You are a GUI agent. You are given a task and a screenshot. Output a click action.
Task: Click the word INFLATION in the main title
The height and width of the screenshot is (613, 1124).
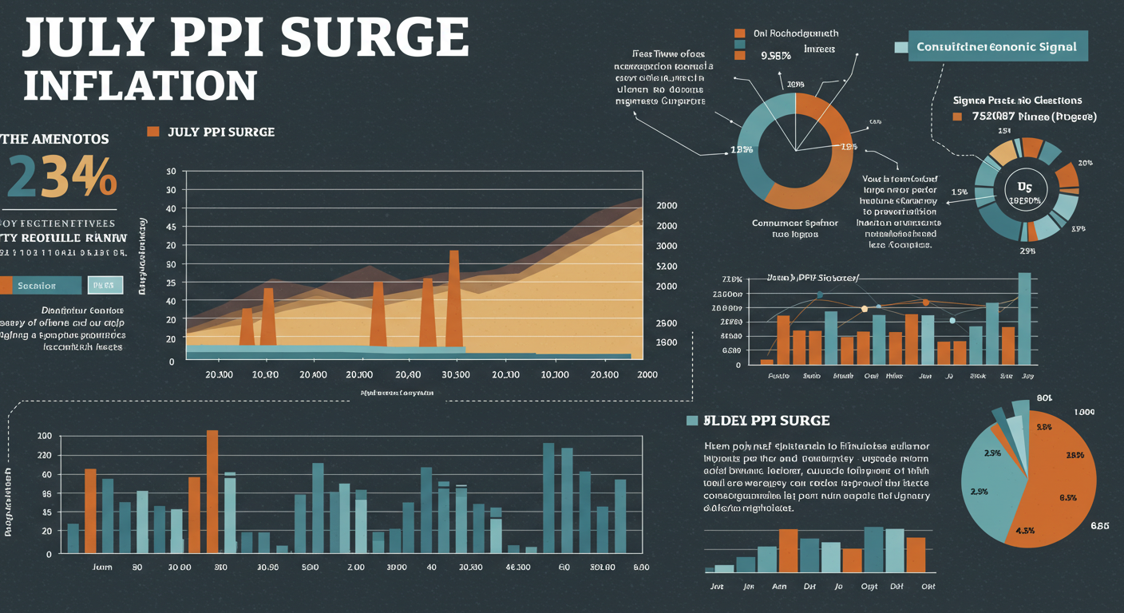(x=140, y=85)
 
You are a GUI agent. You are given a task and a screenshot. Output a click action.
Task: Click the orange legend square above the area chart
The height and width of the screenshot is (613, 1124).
(x=153, y=131)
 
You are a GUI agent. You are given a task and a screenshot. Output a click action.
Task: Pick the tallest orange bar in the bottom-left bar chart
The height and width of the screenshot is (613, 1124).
(x=212, y=490)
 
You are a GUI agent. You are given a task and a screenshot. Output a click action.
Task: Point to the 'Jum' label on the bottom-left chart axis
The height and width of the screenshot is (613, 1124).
(x=102, y=567)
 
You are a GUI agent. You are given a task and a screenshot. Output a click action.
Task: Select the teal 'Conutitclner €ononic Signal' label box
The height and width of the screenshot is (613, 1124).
(x=996, y=47)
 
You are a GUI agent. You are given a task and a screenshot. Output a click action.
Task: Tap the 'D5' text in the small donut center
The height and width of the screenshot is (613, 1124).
(x=1024, y=187)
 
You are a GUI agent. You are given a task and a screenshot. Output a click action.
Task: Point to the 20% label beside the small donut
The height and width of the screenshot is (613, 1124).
(x=1085, y=163)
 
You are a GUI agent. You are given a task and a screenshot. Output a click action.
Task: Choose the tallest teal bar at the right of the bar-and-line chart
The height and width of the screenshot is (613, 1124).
(x=1024, y=318)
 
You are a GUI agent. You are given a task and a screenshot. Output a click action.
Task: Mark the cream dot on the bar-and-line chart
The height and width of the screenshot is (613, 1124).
(x=864, y=308)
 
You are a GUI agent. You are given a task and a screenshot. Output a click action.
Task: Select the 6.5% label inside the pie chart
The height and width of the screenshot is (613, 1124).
(x=1068, y=497)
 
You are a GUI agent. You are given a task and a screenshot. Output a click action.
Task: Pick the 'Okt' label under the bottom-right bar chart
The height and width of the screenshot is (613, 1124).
(x=928, y=586)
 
